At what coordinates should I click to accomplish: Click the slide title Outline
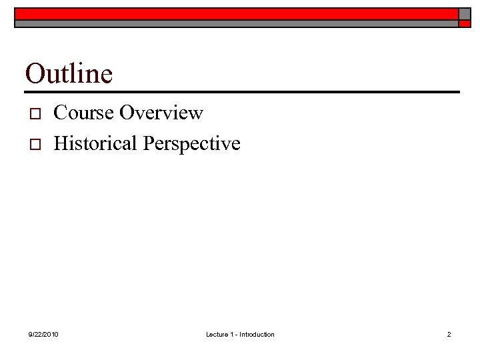pyautogui.click(x=69, y=73)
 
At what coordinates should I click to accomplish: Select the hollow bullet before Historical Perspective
pyautogui.click(x=36, y=144)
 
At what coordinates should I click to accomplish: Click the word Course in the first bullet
pyautogui.click(x=83, y=113)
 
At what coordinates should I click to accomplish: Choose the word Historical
pyautogui.click(x=95, y=143)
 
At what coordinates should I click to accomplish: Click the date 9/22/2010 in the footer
pyautogui.click(x=43, y=334)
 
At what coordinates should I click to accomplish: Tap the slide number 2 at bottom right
pyautogui.click(x=449, y=334)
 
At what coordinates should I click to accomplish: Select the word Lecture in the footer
pyautogui.click(x=217, y=334)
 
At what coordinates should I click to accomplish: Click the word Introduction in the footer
pyautogui.click(x=257, y=334)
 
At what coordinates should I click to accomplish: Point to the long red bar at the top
pyautogui.click(x=237, y=13)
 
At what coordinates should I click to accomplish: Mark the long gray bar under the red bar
pyautogui.click(x=237, y=23)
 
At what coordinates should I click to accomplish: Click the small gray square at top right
pyautogui.click(x=463, y=13)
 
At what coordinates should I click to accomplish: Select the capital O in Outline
pyautogui.click(x=33, y=73)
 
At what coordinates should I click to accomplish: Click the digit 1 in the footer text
pyautogui.click(x=232, y=334)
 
